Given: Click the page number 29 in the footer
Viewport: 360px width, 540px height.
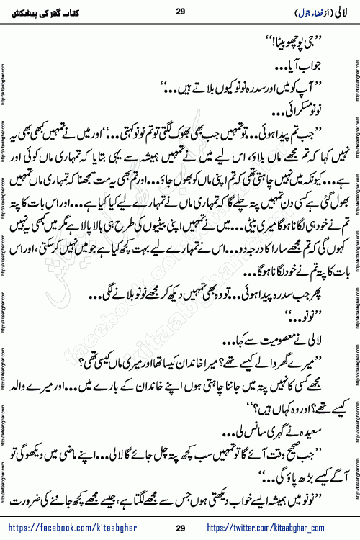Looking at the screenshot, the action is pyautogui.click(x=179, y=529).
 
